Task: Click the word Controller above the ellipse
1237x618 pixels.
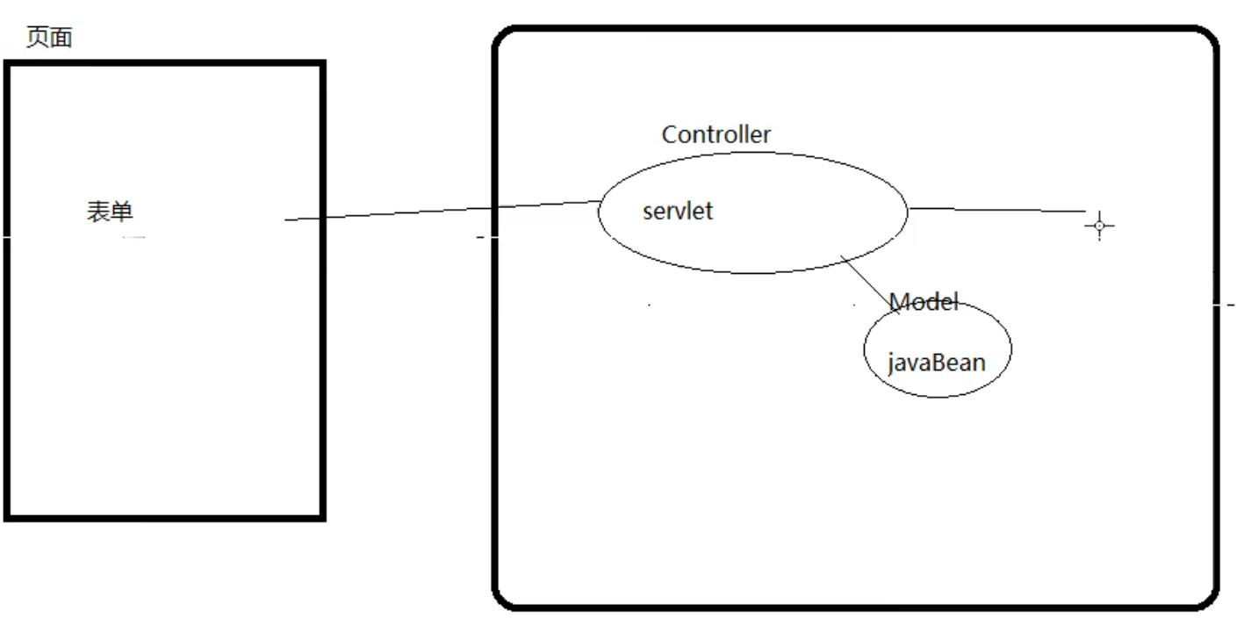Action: point(716,134)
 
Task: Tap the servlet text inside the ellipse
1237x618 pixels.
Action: point(677,212)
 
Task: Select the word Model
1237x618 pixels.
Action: point(924,302)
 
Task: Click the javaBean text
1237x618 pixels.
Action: point(937,362)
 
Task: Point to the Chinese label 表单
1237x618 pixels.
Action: point(110,212)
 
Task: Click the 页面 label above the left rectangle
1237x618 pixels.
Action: point(48,40)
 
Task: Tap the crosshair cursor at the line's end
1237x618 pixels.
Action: point(1098,226)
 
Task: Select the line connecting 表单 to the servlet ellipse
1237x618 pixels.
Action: point(439,211)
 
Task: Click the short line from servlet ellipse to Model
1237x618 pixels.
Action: point(869,283)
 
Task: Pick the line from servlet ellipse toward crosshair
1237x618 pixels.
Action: point(996,210)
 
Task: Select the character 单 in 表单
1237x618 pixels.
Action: point(122,212)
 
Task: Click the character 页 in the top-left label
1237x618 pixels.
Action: point(37,40)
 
